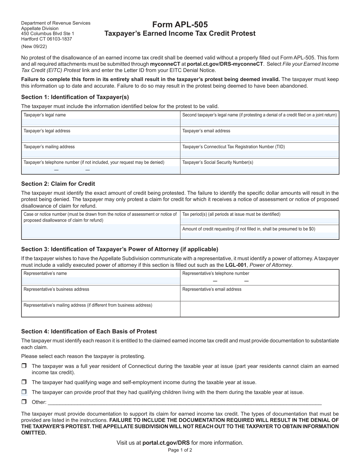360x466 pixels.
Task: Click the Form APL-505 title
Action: click(180, 25)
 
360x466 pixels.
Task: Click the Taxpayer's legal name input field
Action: click(101, 122)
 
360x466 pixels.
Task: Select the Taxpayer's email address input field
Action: click(259, 138)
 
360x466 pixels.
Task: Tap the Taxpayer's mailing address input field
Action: click(101, 154)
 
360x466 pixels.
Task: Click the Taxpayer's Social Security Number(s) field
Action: click(259, 170)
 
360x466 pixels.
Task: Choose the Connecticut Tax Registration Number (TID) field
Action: click(259, 154)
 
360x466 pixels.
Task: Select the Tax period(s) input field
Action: click(259, 221)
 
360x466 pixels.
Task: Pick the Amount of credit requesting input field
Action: click(259, 235)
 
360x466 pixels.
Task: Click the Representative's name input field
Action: click(101, 281)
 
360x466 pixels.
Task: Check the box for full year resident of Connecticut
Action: click(24, 366)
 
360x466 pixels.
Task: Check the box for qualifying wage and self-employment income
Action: click(24, 382)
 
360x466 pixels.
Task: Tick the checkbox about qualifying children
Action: click(24, 392)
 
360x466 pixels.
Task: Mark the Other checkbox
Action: click(24, 402)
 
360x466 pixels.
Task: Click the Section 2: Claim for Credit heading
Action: click(58, 184)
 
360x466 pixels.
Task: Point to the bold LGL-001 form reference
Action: click(235, 265)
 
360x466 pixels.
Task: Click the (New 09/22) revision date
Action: click(34, 47)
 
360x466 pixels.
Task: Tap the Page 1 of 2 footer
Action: click(180, 450)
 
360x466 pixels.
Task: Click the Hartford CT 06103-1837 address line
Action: click(46, 39)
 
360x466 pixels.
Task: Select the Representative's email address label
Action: click(212, 289)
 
